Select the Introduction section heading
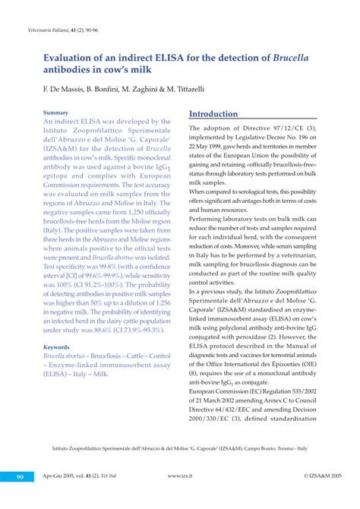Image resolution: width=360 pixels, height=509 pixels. [x=213, y=114]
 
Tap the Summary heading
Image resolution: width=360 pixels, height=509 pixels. [x=56, y=112]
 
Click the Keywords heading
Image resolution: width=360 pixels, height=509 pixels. [x=58, y=347]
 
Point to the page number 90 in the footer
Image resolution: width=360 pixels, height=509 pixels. [x=20, y=476]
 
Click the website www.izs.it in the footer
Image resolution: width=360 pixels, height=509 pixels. [x=178, y=476]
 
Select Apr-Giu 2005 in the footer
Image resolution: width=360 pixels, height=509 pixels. [x=66, y=476]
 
